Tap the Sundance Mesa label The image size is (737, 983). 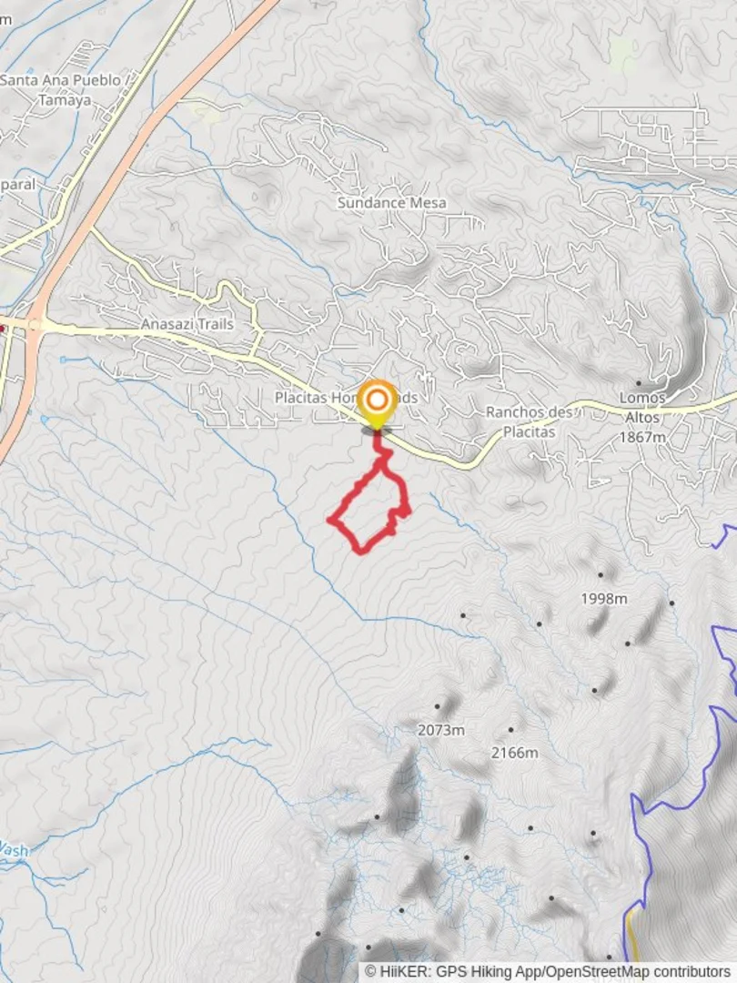pos(391,202)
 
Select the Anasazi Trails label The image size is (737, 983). pos(187,324)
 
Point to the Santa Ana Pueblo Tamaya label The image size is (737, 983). pos(61,90)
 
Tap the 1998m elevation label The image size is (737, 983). pos(604,599)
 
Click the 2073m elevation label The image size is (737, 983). pos(440,730)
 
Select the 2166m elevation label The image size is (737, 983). pos(514,753)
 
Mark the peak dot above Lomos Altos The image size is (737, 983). pos(638,383)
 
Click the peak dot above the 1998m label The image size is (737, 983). pos(601,575)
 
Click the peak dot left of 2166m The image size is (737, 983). pos(510,730)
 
